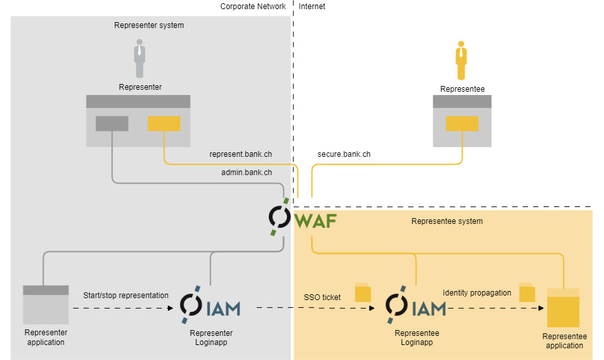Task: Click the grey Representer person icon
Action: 139,59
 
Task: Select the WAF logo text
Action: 316,221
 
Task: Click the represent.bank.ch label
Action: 241,155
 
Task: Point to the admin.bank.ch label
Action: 247,173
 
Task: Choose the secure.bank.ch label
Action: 344,155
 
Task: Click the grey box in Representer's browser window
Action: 112,123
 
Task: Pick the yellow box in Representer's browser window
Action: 164,123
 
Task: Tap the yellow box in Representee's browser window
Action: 462,123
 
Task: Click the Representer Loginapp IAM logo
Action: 210,307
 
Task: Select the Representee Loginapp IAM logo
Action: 416,307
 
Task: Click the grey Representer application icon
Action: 46,305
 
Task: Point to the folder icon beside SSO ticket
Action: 363,293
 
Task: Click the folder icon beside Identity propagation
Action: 527,292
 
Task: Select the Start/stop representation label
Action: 126,296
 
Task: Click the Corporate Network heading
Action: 253,7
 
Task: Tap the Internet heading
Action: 312,7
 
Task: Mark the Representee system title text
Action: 447,221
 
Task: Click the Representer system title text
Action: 149,25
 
